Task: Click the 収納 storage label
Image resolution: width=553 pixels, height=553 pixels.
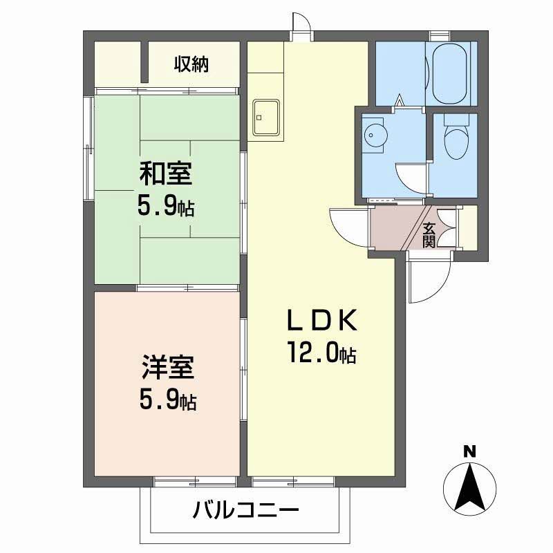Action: click(x=191, y=65)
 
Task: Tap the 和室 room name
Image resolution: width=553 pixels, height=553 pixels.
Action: click(x=166, y=174)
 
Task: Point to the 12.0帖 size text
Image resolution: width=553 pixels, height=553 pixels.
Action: click(x=322, y=355)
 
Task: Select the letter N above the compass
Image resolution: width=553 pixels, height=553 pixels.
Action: click(x=469, y=452)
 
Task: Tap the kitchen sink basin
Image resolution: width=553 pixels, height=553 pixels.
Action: click(x=266, y=117)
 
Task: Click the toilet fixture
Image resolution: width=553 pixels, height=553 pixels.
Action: click(x=455, y=138)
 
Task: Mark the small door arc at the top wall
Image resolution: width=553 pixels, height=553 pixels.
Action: click(x=303, y=22)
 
